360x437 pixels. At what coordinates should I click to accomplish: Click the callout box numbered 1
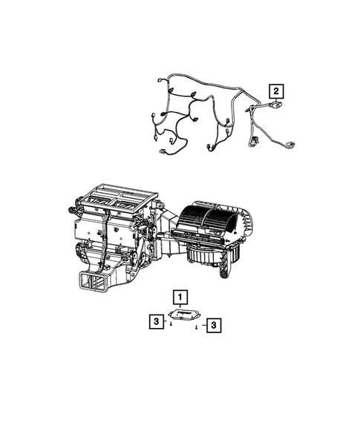point(179,298)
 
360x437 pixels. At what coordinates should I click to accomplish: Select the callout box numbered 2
point(276,92)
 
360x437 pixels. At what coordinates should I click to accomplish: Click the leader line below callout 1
point(179,306)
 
